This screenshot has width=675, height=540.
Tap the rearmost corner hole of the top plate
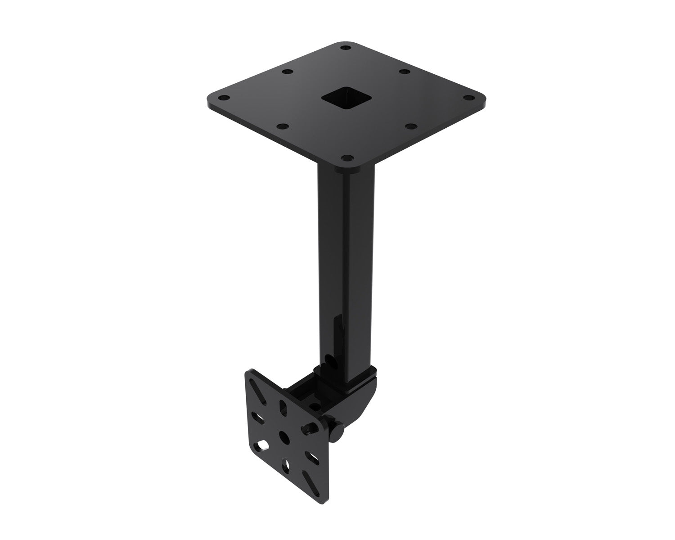pos(345,47)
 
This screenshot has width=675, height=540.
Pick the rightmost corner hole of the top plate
pos(470,98)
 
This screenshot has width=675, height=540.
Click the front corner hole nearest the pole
pos(347,158)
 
